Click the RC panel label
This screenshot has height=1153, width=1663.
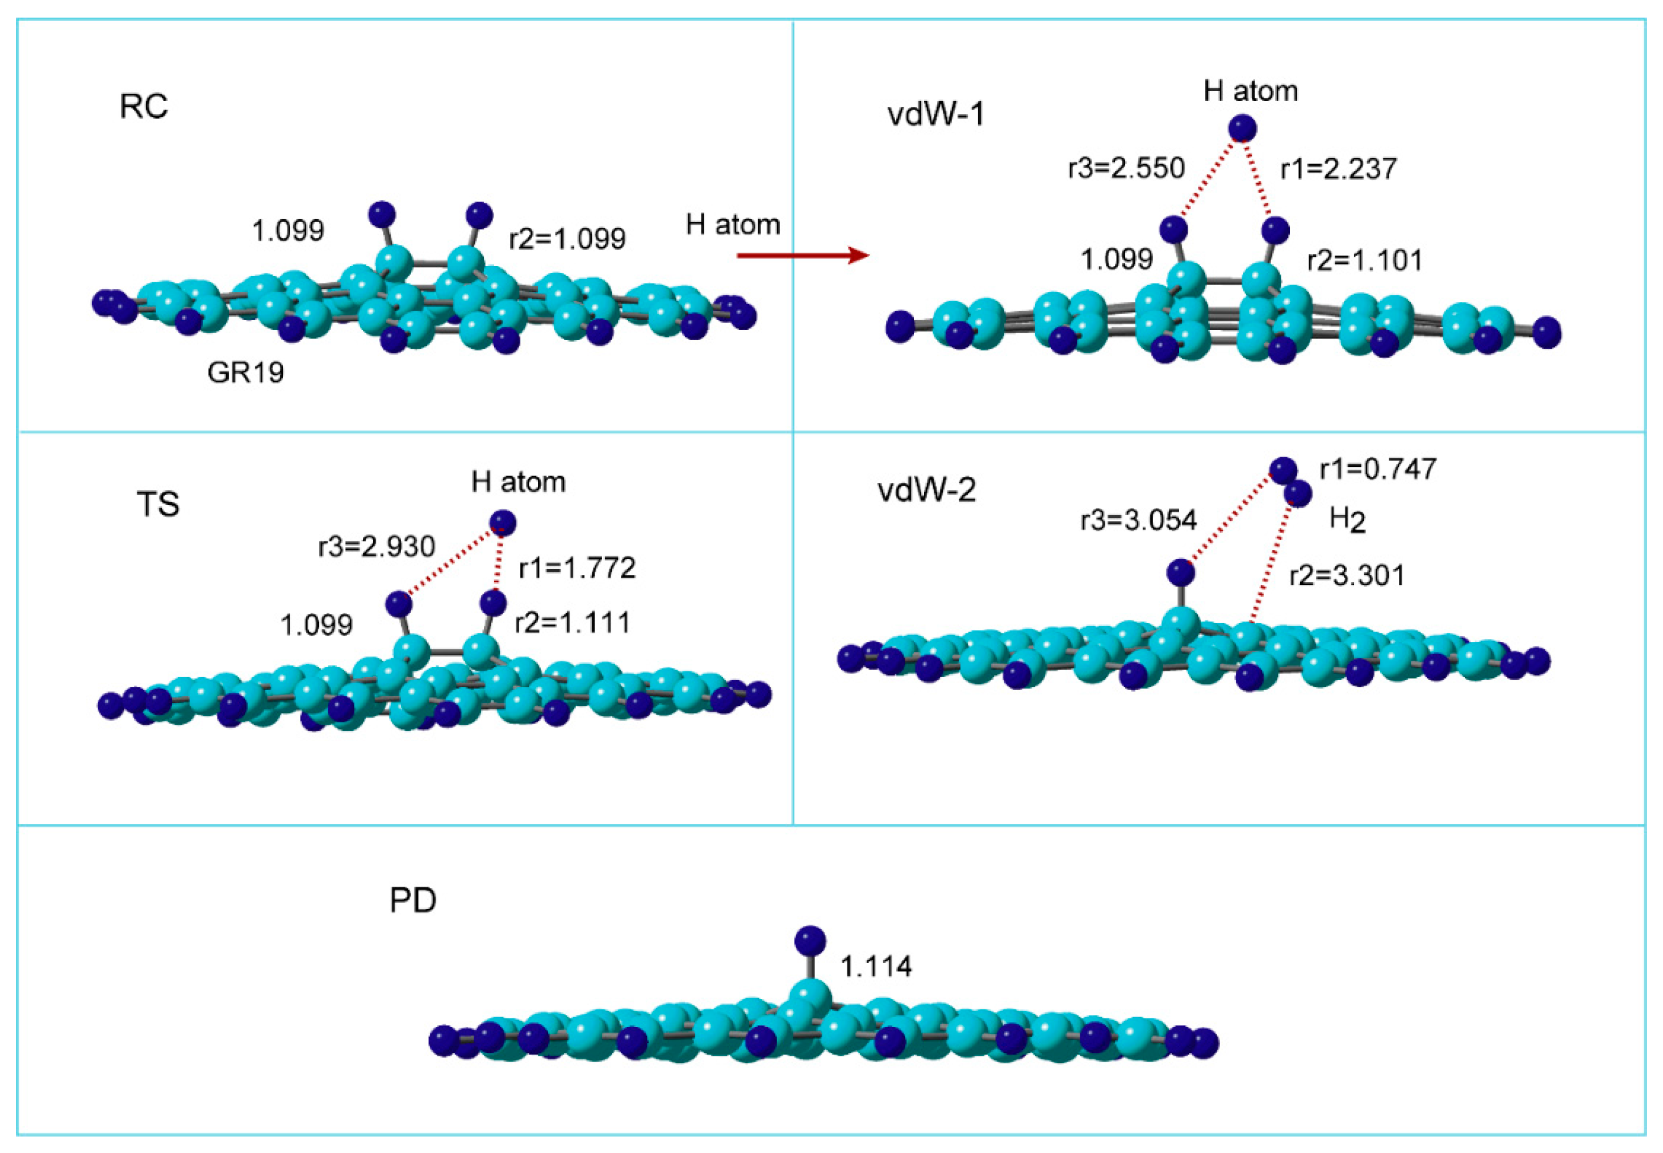click(143, 107)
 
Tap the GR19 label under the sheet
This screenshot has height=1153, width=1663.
click(245, 373)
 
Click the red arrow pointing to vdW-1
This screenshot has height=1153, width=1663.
click(802, 255)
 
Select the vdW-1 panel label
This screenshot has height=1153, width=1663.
click(935, 114)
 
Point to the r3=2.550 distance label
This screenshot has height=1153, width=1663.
click(1126, 168)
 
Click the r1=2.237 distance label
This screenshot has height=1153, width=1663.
click(1339, 169)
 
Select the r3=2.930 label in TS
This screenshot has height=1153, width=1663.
click(377, 547)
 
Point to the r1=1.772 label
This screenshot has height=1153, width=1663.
click(577, 568)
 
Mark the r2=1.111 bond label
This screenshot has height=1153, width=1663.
click(572, 622)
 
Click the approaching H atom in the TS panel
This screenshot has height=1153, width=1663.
click(503, 523)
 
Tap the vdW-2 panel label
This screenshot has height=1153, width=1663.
click(926, 491)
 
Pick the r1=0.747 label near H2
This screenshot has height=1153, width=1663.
click(1378, 470)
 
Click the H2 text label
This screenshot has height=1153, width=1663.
click(1347, 520)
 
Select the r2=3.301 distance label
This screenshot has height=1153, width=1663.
click(1347, 576)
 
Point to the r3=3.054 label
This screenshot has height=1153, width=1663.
click(1139, 520)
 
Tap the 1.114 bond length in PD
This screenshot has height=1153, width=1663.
click(876, 966)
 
